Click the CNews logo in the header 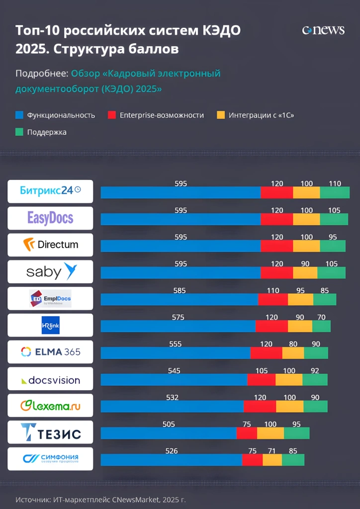tap(323, 30)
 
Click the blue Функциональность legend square tap(19, 115)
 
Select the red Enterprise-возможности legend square tap(112, 115)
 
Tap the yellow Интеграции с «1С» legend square tap(221, 115)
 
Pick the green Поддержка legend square tap(19, 132)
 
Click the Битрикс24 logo tap(50, 191)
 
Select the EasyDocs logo tap(50, 218)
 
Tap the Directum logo tap(50, 245)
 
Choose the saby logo tap(50, 271)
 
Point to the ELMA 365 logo tap(50, 352)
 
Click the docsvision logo tap(50, 380)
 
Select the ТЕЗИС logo tap(50, 432)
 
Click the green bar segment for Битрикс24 tap(335, 193)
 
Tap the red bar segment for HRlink tap(271, 326)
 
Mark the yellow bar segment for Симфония tap(272, 460)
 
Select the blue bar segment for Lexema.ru tap(172, 407)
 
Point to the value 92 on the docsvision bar tap(315, 371)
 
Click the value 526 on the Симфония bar tap(171, 451)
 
